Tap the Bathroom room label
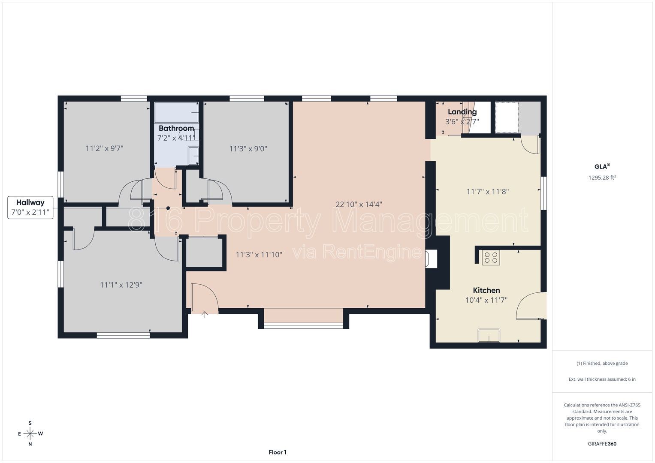pos(176,128)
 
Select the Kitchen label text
pos(486,290)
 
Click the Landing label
pos(462,111)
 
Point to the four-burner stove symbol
pos(491,258)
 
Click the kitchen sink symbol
pos(489,335)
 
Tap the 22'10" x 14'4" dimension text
pos(359,204)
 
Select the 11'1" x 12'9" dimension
pos(121,285)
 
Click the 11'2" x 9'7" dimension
pos(104,148)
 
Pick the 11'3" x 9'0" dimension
pos(248,149)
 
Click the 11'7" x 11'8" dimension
pos(487,192)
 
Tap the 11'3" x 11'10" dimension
pos(259,255)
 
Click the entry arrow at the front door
pos(205,315)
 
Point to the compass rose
pos(30,433)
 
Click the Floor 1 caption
pos(278,452)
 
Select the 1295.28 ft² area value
pos(602,177)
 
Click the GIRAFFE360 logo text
pos(602,444)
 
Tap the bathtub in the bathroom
pos(177,112)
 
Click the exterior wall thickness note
pos(602,379)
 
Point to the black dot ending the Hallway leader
pos(168,208)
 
